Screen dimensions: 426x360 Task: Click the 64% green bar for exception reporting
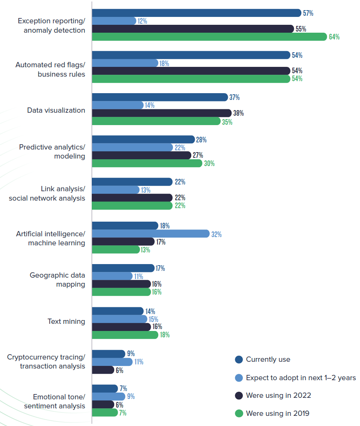point(209,37)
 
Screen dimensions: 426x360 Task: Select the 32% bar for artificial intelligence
point(150,234)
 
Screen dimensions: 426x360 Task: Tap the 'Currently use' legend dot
point(239,360)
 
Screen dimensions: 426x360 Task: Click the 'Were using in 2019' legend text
point(277,413)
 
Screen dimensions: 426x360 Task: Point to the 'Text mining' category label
point(66,322)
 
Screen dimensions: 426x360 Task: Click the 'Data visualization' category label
point(56,110)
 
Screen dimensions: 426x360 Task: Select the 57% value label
point(308,13)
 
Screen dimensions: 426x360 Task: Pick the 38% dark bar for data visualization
point(162,113)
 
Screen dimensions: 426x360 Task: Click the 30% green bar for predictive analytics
point(147,163)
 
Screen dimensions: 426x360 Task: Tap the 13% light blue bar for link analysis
point(115,190)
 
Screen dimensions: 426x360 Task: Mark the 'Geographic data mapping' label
point(57,280)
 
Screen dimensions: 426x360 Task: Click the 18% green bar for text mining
point(125,335)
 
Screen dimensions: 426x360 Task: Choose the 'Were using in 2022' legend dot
point(239,396)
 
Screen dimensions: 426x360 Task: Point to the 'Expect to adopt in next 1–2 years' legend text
point(301,378)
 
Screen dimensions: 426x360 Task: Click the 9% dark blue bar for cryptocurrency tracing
point(108,354)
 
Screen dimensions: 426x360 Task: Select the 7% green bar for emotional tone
point(105,412)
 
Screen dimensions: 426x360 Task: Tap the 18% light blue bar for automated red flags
point(125,63)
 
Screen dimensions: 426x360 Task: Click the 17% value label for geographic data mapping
point(160,268)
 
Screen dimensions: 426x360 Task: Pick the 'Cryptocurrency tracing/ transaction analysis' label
point(46,361)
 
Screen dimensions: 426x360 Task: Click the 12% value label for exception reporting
point(142,21)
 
